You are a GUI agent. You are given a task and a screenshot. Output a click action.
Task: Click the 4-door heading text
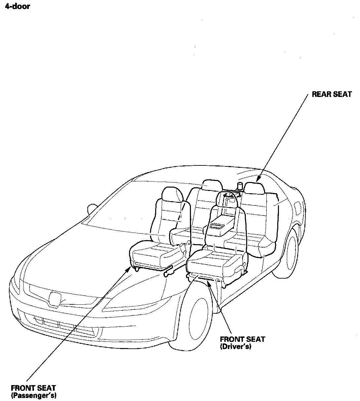click(x=17, y=6)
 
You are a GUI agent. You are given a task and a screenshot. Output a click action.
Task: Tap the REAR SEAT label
click(x=332, y=95)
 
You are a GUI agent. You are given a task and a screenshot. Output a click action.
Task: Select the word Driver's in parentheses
click(x=236, y=347)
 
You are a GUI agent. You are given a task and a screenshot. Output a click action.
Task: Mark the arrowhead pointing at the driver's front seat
click(x=208, y=282)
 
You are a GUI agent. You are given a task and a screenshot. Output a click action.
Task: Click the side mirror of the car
click(x=91, y=209)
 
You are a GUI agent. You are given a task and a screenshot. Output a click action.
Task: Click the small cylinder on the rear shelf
click(x=240, y=186)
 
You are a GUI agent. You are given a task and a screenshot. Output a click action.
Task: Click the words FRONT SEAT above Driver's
click(x=242, y=339)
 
